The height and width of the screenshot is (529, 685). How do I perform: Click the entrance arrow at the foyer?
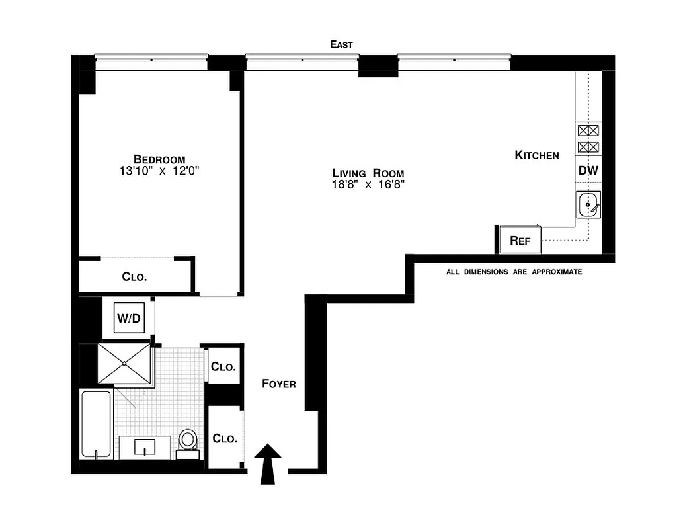(268, 463)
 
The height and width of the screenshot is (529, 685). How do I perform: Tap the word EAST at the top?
(342, 44)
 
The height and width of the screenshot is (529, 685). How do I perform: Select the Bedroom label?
(159, 159)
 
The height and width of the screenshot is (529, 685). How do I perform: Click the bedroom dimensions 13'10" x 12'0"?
(159, 171)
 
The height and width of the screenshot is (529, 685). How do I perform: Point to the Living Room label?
(368, 173)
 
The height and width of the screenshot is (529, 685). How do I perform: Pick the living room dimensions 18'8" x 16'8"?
(368, 184)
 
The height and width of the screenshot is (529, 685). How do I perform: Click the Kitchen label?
(537, 155)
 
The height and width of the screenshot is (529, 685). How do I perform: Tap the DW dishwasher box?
(588, 171)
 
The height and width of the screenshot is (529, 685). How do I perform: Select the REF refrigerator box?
(520, 241)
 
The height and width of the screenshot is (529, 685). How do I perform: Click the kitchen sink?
(588, 205)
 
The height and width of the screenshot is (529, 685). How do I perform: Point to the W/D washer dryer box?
(129, 319)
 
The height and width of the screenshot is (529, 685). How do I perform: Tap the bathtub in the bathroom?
(96, 423)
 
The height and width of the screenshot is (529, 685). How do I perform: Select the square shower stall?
(125, 364)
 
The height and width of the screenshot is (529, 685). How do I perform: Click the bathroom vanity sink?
(145, 447)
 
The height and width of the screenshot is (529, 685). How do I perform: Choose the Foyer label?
(278, 384)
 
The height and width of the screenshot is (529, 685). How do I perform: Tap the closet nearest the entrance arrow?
(225, 438)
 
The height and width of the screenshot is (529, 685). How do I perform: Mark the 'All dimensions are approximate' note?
(514, 272)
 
